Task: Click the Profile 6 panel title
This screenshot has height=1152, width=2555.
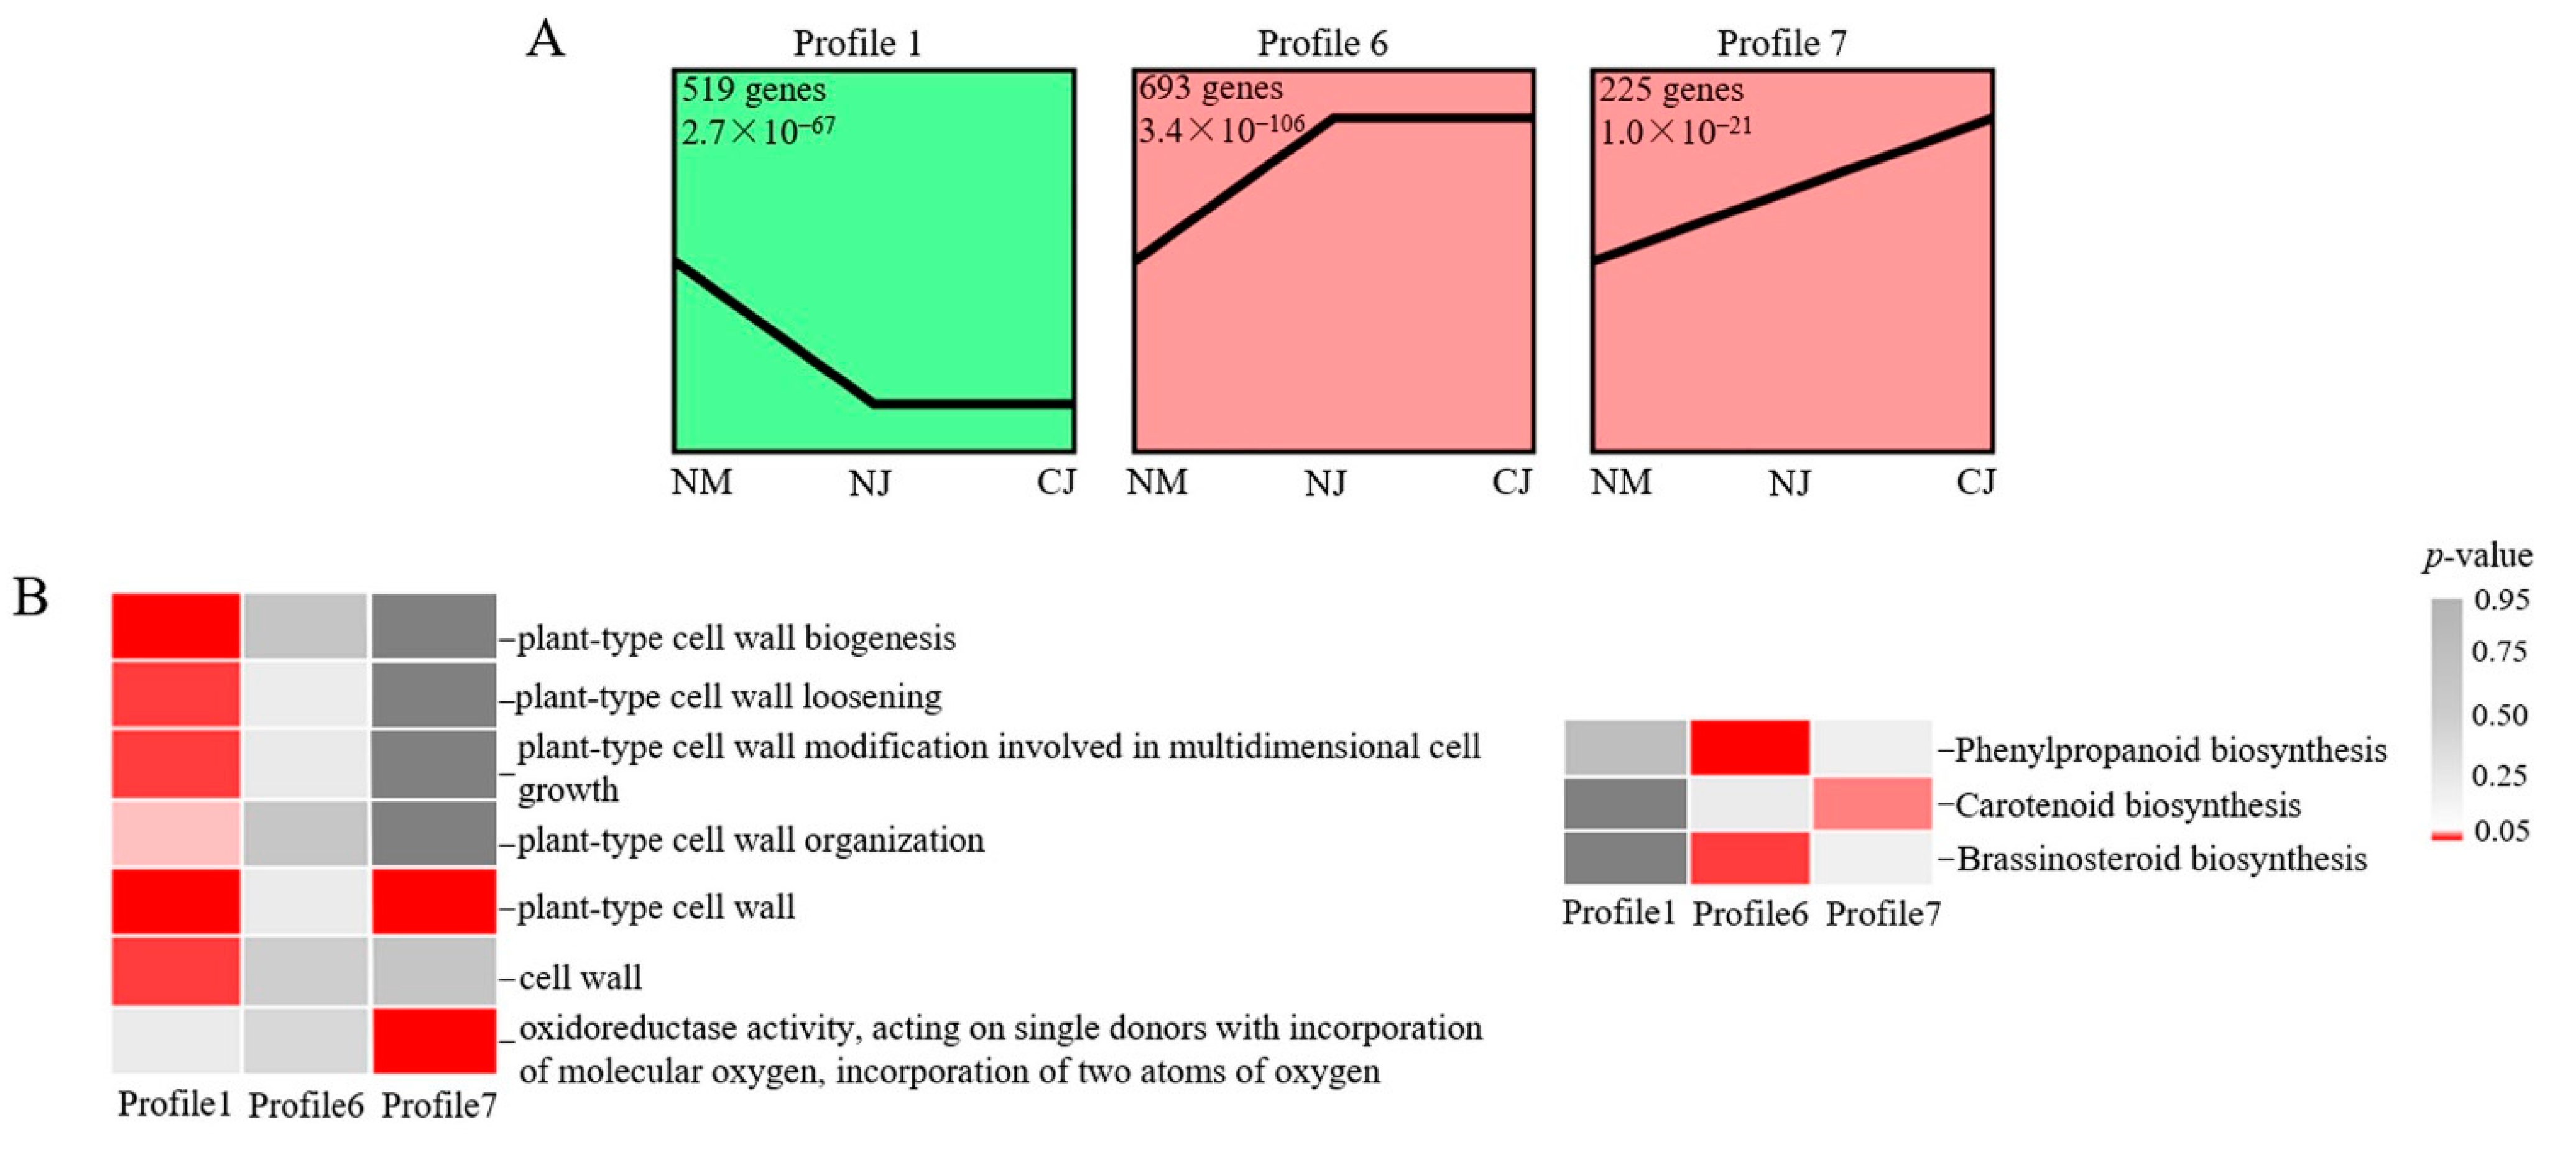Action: point(1322,44)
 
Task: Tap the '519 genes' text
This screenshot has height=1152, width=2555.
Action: point(753,90)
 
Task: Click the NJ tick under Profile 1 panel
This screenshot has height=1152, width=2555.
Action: point(870,484)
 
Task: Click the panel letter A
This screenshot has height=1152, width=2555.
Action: point(545,40)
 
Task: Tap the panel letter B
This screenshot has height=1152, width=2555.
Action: point(30,598)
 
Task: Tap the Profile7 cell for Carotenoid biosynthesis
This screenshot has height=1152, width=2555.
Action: point(1872,804)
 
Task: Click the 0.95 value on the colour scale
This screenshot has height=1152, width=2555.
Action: point(2500,600)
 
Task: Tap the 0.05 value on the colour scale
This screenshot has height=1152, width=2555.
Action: point(2500,831)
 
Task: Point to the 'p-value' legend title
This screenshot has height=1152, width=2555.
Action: point(2477,556)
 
